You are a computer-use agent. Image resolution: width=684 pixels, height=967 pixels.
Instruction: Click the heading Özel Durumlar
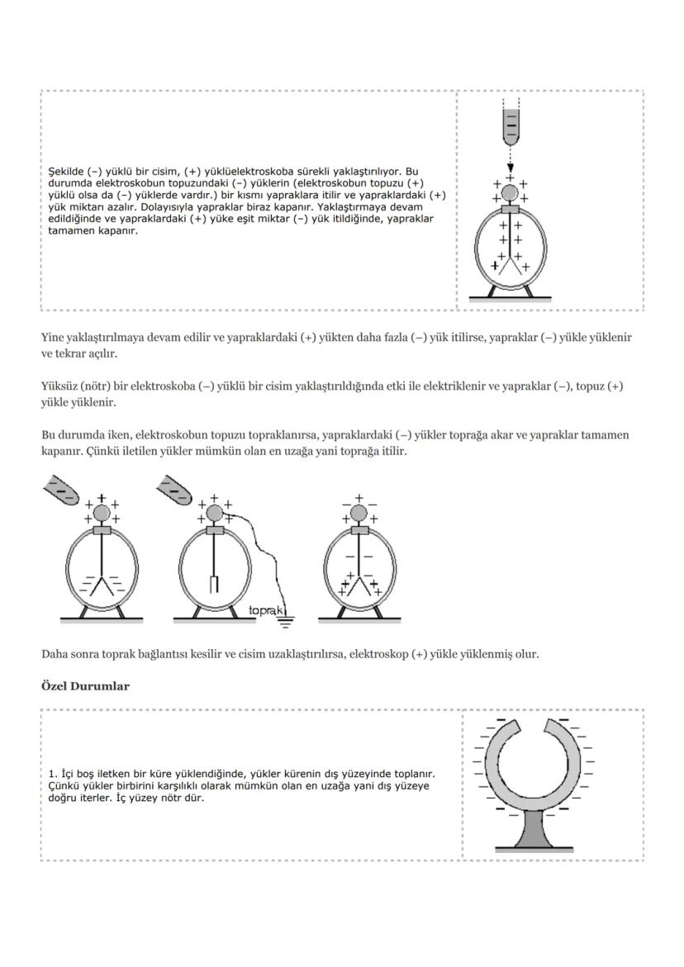(85, 686)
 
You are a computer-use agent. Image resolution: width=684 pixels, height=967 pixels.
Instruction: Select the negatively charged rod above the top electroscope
(511, 125)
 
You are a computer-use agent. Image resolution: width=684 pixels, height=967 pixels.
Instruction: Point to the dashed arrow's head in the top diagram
(511, 167)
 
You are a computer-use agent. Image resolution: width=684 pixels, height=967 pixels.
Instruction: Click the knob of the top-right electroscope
(511, 193)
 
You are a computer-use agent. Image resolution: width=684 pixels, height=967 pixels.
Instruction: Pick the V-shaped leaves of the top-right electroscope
(511, 265)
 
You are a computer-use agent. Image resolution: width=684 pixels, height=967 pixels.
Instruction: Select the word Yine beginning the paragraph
(52, 338)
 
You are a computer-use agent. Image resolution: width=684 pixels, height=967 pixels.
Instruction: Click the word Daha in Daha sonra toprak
(55, 654)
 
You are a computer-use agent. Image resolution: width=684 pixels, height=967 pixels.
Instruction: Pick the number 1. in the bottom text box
(54, 774)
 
